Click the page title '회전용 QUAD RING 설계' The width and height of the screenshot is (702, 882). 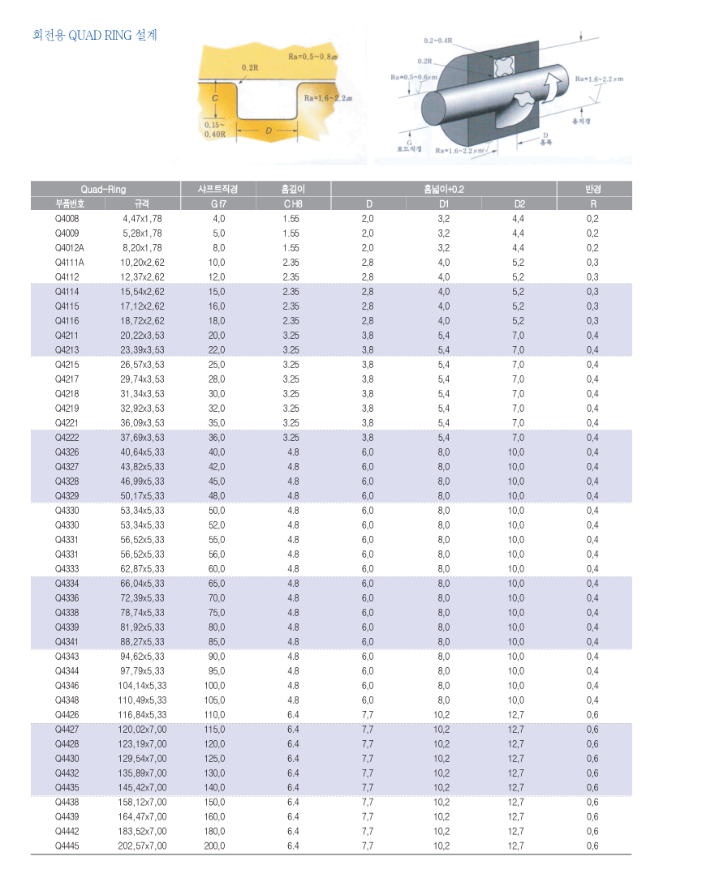tap(94, 35)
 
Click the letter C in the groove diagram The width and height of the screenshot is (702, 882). tap(214, 98)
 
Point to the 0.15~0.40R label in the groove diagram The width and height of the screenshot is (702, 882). tap(216, 130)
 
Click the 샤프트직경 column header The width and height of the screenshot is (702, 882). tap(218, 189)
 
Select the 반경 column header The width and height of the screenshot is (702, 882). tap(592, 189)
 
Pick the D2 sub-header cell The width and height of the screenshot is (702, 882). tap(519, 203)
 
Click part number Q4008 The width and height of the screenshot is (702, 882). tap(68, 218)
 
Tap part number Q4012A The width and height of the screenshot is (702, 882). tap(70, 247)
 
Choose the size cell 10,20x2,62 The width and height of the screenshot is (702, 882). tap(142, 262)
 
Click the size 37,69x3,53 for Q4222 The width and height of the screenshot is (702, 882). tap(142, 437)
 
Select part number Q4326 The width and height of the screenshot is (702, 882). tap(68, 452)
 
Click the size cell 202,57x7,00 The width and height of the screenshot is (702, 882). tap(143, 846)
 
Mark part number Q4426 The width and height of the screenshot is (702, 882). tap(68, 714)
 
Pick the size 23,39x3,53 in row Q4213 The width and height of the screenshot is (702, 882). tap(142, 349)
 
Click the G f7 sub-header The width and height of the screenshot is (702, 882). tap(218, 203)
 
